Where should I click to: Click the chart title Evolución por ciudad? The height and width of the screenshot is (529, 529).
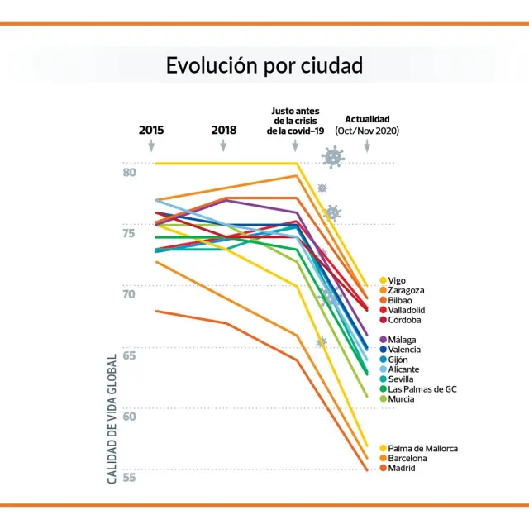[264, 66]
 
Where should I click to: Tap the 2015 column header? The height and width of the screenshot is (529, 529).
[151, 130]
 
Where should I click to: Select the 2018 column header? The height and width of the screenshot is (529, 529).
[223, 130]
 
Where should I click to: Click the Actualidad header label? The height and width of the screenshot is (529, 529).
[367, 119]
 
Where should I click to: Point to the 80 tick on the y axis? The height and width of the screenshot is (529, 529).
[130, 172]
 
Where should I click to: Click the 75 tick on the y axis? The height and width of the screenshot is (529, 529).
[130, 233]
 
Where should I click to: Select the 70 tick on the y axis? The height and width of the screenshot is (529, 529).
[130, 294]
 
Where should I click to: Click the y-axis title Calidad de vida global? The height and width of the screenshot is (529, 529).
[112, 418]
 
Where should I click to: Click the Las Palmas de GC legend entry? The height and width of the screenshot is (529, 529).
[422, 389]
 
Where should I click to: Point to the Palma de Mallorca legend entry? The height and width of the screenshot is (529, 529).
[422, 449]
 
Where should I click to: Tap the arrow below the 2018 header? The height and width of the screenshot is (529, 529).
[223, 146]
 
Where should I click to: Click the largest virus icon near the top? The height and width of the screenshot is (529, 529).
[333, 157]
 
